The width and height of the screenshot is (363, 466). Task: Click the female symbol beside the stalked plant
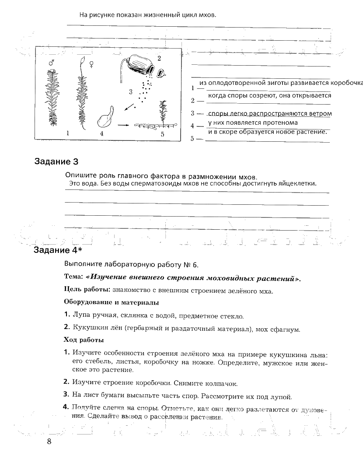pos(92,64)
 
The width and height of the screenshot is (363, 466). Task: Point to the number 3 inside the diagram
pos(130,92)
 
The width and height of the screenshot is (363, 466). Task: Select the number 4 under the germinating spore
pos(101,134)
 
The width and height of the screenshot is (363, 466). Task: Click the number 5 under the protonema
pos(162,135)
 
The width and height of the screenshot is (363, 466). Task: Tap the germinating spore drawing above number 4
pos(107,117)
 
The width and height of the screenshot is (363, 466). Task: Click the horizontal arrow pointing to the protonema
pos(124,125)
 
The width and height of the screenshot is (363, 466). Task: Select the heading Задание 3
pos(56,161)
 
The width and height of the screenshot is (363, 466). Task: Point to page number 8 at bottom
pos(49,441)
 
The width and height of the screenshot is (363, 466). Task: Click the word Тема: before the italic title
pos(73,277)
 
